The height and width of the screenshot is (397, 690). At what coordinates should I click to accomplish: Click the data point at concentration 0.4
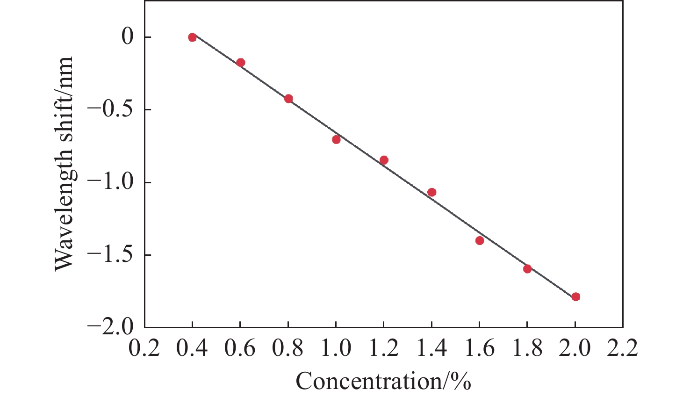[x=192, y=37]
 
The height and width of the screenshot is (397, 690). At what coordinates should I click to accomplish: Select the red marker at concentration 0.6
[x=241, y=63]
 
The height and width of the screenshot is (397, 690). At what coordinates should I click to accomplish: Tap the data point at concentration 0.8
[x=288, y=99]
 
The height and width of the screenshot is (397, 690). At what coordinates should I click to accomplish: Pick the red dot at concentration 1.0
[x=336, y=139]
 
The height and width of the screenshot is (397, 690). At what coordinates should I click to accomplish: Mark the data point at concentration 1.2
[x=384, y=160]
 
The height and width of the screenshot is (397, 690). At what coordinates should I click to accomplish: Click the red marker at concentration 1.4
[x=431, y=192]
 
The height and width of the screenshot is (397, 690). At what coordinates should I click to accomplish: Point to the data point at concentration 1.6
[x=479, y=240]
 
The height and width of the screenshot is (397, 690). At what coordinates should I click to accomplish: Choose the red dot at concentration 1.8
[x=527, y=269]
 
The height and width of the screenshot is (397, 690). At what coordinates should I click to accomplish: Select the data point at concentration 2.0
[x=575, y=296]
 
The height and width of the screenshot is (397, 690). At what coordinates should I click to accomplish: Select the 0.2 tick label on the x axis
[x=144, y=348]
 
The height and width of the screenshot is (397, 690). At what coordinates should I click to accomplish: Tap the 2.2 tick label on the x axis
[x=623, y=348]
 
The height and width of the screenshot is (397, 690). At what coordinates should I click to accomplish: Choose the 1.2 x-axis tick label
[x=383, y=348]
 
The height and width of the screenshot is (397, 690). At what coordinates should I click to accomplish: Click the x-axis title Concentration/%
[x=383, y=381]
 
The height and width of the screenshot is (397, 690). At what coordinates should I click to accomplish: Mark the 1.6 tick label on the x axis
[x=479, y=348]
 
